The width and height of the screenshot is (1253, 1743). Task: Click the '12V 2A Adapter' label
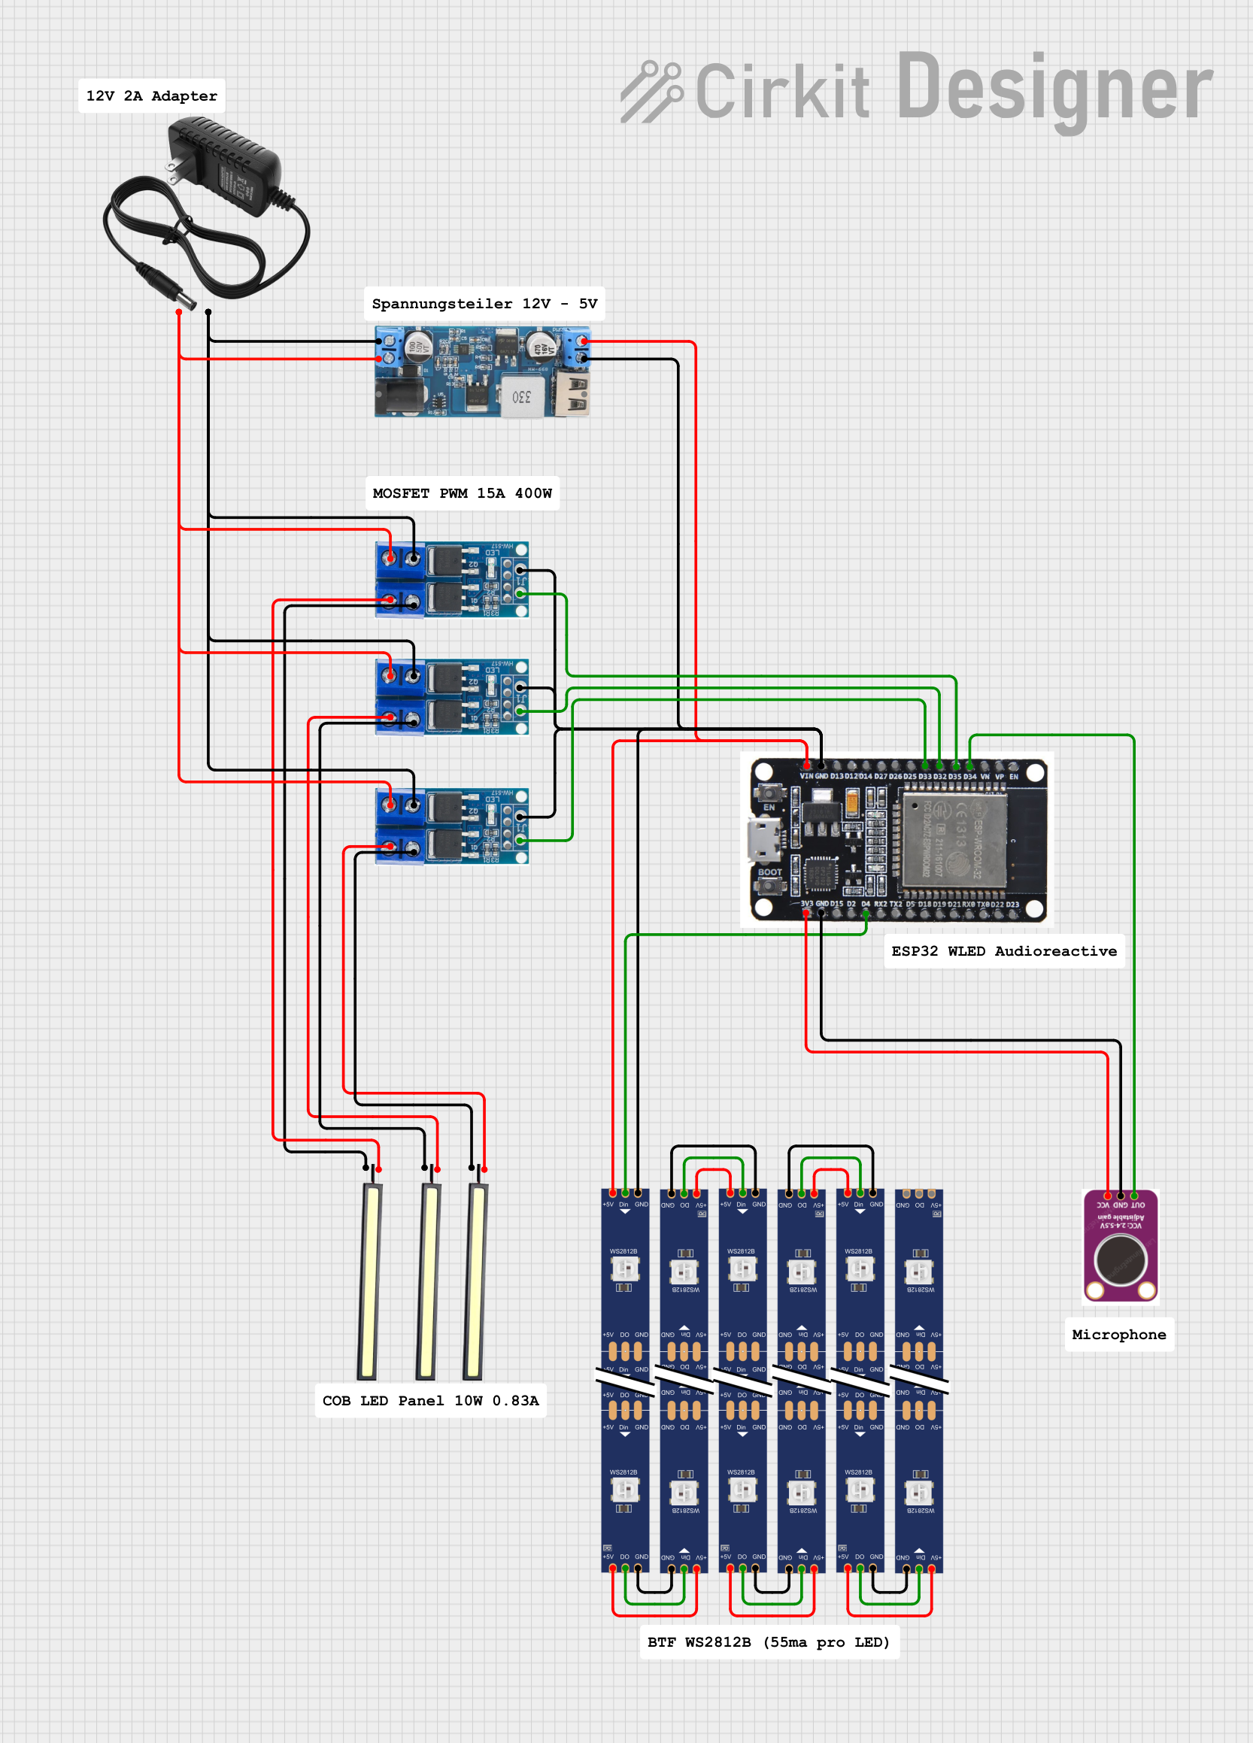pos(151,96)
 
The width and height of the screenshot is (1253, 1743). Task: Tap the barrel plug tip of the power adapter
pos(187,299)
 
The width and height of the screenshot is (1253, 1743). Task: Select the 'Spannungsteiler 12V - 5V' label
pos(484,304)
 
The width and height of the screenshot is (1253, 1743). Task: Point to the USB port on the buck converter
pos(578,394)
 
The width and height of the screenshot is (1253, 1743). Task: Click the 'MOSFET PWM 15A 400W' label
pos(462,493)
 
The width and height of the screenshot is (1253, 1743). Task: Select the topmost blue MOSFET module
pos(451,580)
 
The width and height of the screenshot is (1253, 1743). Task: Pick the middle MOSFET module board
pos(451,697)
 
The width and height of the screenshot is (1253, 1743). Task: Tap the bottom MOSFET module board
pos(451,826)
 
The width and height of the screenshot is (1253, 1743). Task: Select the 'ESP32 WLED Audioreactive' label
pos(1003,951)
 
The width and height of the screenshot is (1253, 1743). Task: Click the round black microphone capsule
pos(1121,1260)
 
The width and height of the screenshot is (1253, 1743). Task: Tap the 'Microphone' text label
pos(1118,1335)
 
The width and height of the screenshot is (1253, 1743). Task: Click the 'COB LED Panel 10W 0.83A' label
pos(430,1401)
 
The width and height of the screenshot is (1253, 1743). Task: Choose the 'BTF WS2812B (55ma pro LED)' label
pos(769,1642)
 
